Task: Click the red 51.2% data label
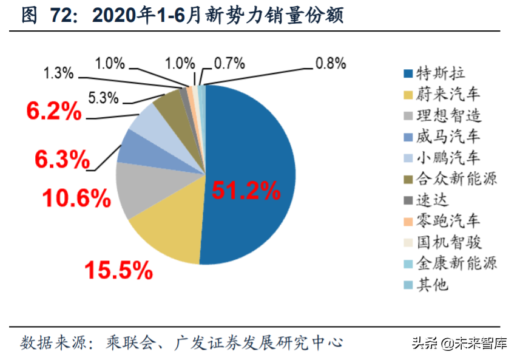[246, 191]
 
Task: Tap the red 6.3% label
[62, 160]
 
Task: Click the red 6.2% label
[54, 111]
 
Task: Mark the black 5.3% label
[104, 96]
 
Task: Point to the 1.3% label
[59, 73]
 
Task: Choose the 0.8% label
[330, 63]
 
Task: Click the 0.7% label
[229, 63]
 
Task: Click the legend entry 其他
[433, 284]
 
